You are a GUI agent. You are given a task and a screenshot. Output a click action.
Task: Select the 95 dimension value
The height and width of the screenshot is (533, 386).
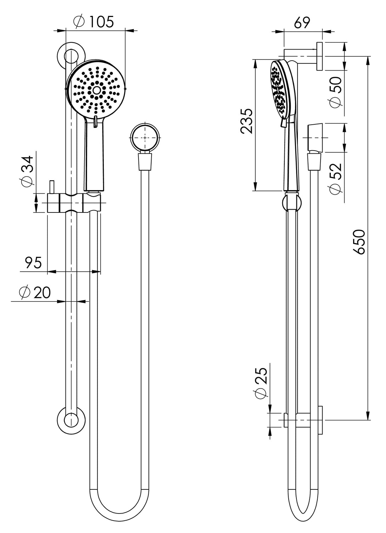[x=33, y=262]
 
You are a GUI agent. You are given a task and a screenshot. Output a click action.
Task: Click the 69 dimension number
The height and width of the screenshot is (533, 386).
[x=302, y=23]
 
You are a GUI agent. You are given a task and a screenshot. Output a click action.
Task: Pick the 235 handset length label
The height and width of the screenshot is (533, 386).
[x=246, y=121]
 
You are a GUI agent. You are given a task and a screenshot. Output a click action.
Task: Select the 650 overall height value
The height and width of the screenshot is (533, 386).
[x=359, y=242]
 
